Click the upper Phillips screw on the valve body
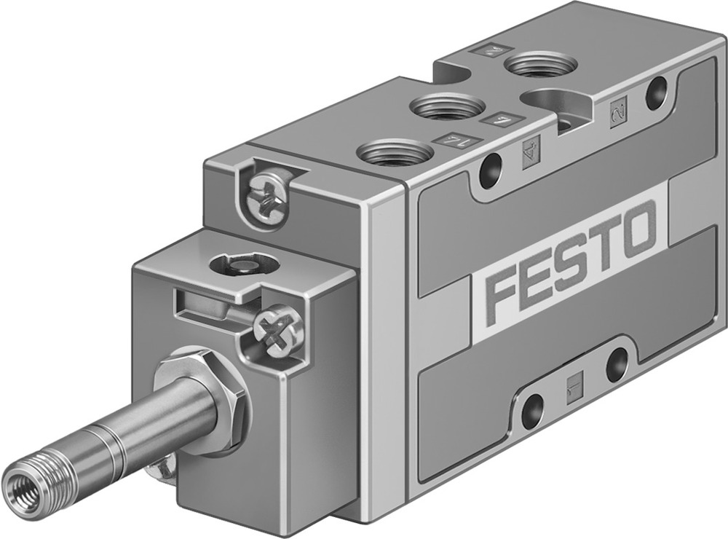coord(263,192)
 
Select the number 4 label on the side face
coord(529,153)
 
